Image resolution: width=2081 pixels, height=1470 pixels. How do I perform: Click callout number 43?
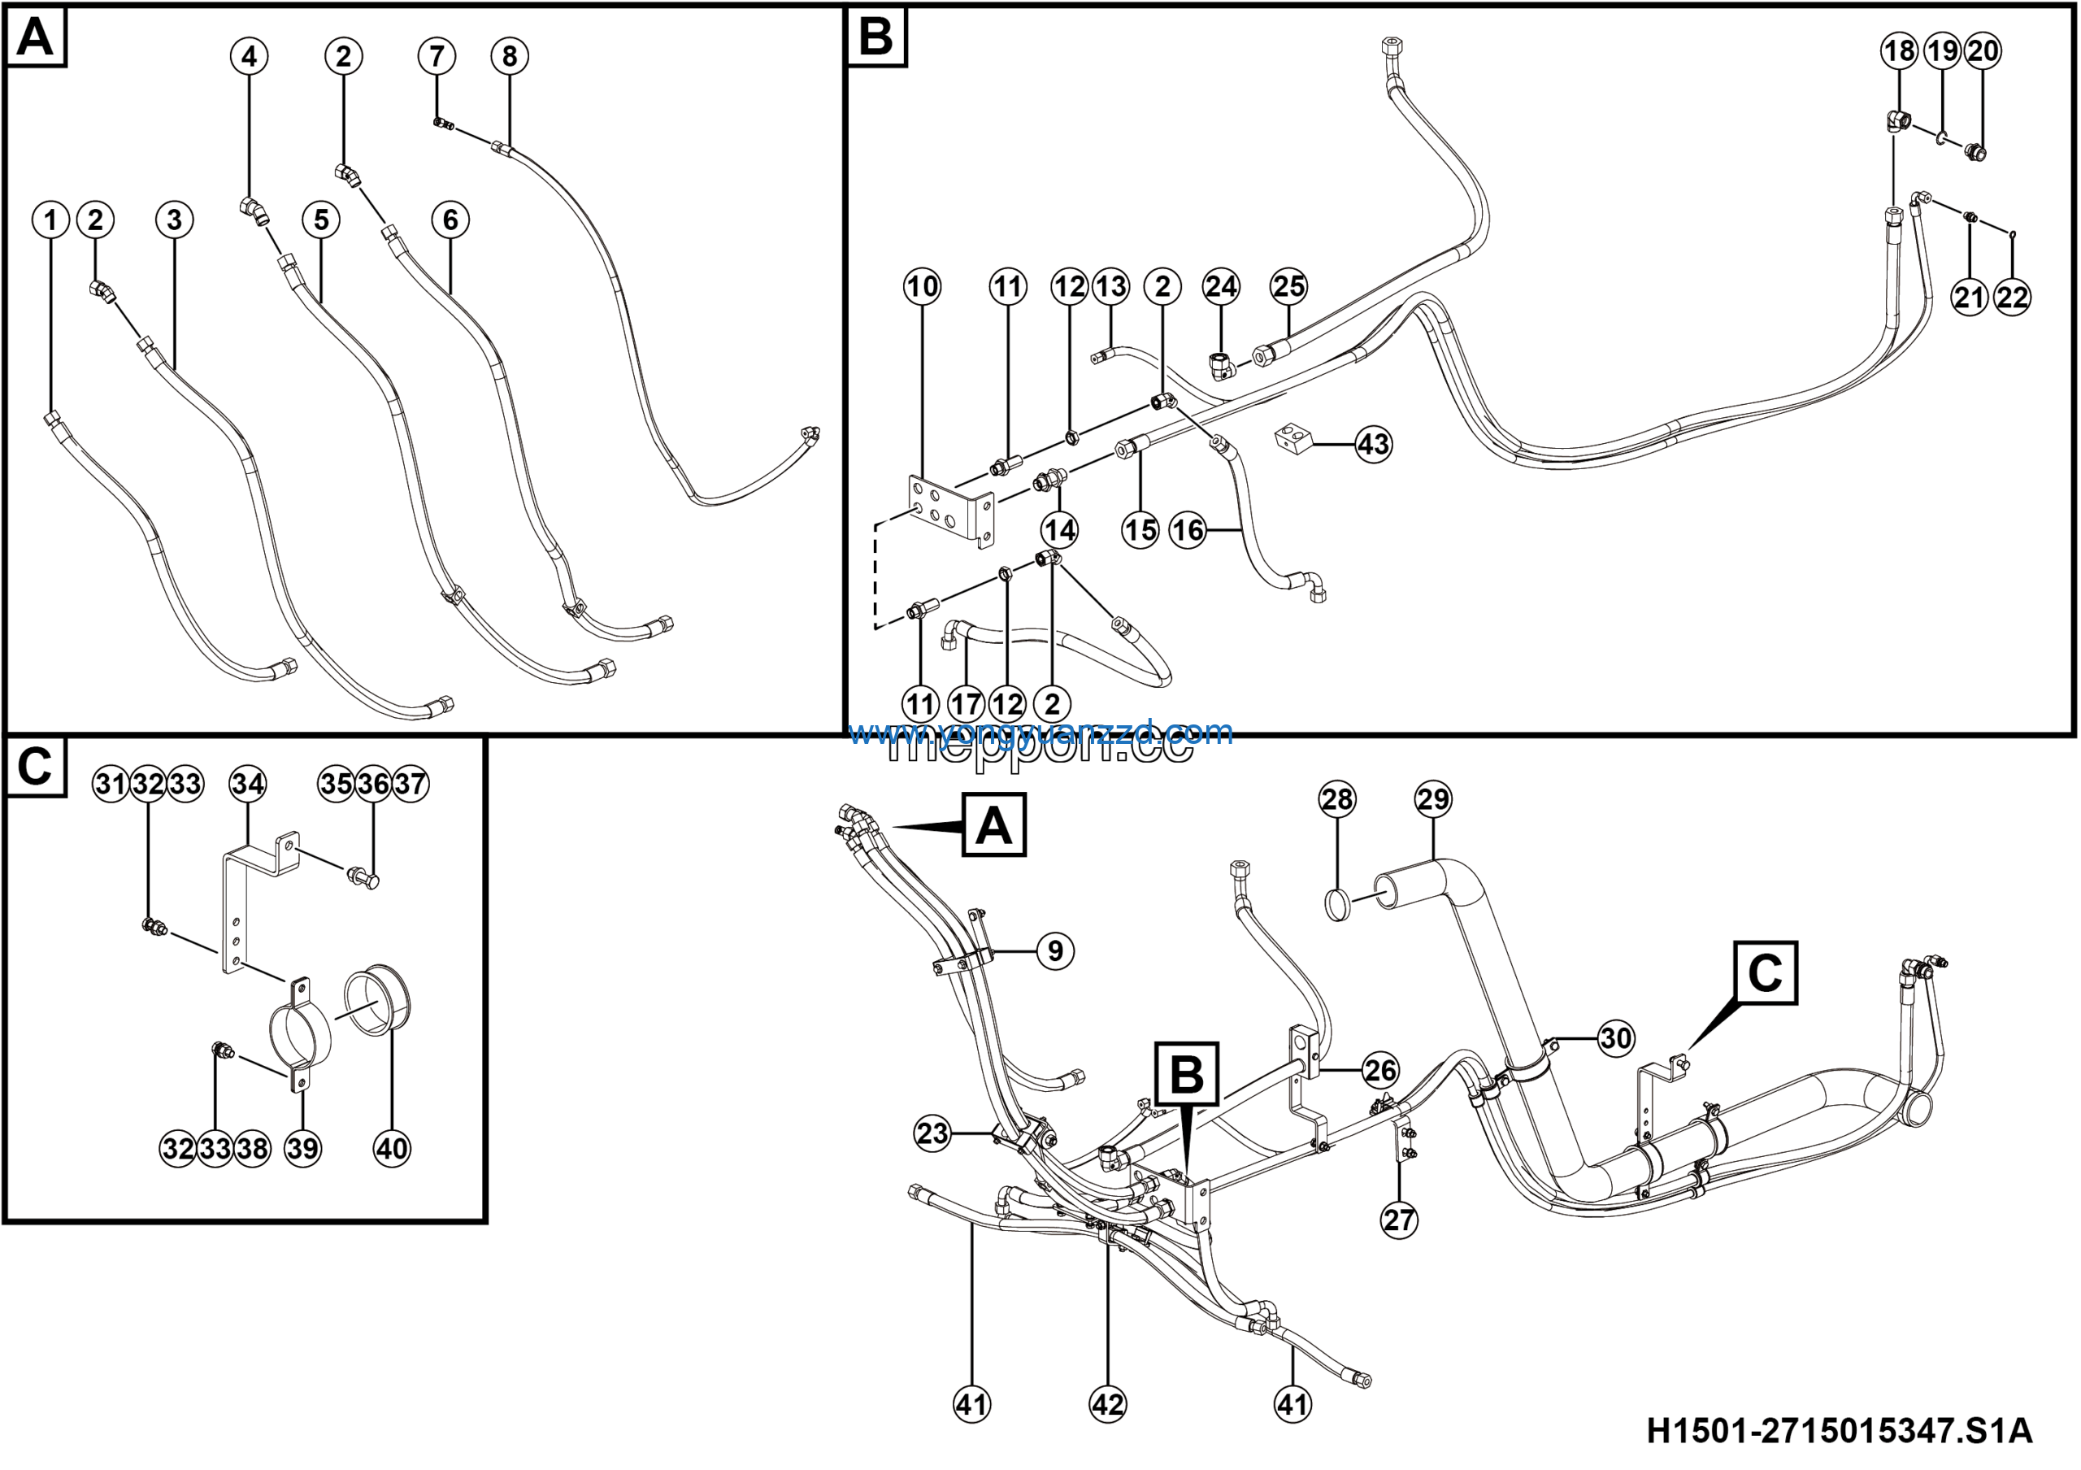(x=1373, y=444)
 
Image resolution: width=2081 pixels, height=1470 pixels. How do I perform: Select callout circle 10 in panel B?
(x=923, y=287)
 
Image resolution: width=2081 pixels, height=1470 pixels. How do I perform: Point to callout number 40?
(x=392, y=1148)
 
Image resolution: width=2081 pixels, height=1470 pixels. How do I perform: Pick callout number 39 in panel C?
(x=302, y=1148)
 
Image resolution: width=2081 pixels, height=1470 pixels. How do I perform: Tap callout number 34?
(x=247, y=783)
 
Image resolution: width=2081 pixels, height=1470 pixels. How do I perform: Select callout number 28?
(x=1337, y=799)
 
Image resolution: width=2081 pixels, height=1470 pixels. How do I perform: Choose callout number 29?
(x=1433, y=799)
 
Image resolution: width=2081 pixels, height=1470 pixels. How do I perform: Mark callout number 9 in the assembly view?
(x=1054, y=950)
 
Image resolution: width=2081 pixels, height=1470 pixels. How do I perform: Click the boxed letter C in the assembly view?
(x=1765, y=973)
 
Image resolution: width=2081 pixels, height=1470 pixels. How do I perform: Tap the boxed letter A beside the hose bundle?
(x=993, y=824)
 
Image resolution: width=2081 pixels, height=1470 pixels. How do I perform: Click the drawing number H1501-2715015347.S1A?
(x=1839, y=1432)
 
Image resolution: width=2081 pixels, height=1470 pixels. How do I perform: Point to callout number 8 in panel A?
(x=510, y=56)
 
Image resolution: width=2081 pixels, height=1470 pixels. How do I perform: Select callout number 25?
(x=1289, y=287)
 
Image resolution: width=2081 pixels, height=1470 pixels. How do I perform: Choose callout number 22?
(x=2012, y=298)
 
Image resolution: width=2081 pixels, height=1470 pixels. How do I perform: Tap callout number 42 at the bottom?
(x=1108, y=1405)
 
